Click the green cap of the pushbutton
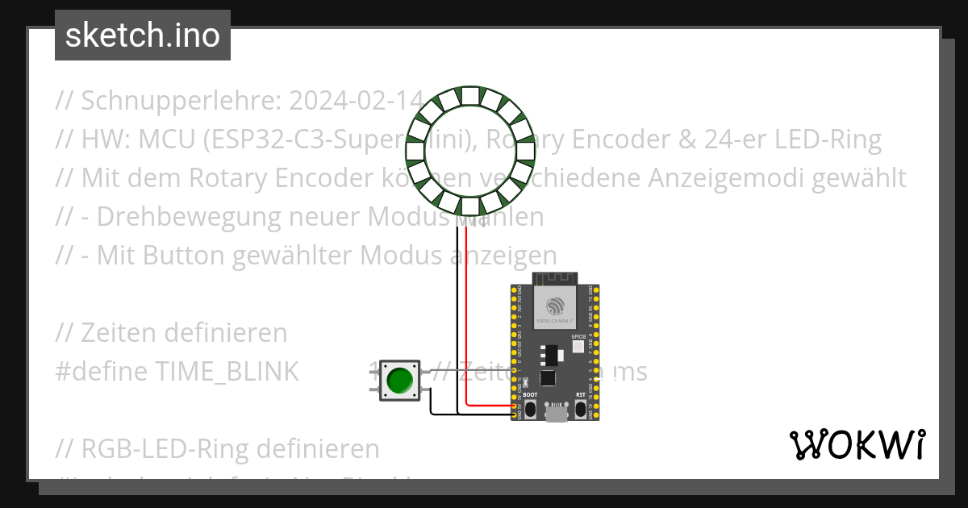click(399, 380)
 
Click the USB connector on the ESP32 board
click(555, 414)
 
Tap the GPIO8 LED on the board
click(578, 347)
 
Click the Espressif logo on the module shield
click(555, 306)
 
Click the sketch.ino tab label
click(143, 35)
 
